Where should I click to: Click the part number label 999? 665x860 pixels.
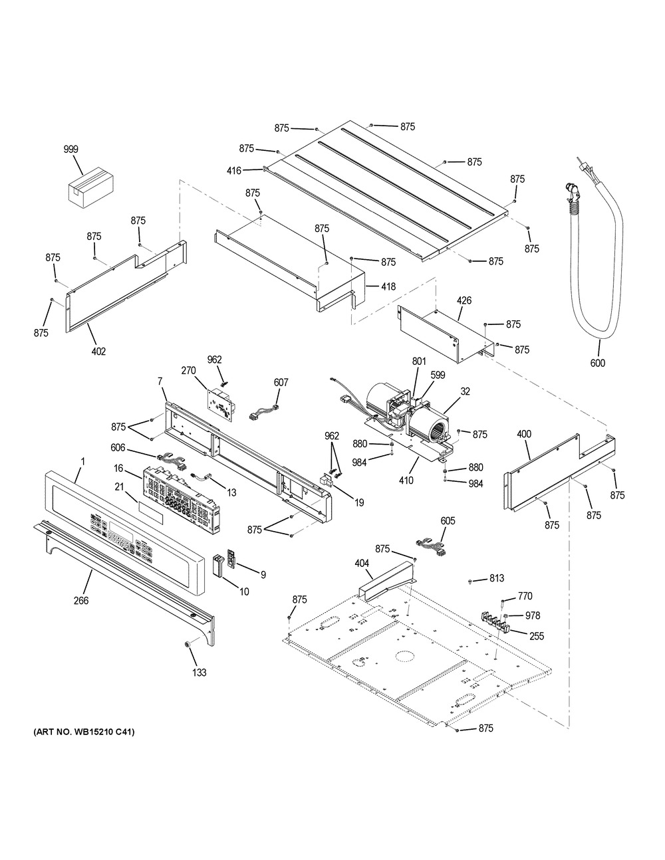[71, 149]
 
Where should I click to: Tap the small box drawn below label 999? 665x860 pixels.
[92, 186]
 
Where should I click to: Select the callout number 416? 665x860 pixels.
[234, 171]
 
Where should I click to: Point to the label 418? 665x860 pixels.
[388, 286]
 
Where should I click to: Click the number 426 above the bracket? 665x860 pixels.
[464, 300]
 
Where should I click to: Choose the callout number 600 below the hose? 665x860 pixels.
[598, 362]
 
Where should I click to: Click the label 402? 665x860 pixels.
[98, 351]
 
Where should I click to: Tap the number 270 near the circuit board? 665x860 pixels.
[188, 371]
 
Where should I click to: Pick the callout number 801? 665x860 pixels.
[419, 361]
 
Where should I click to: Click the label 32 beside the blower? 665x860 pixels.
[465, 391]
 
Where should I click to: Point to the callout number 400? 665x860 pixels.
[524, 434]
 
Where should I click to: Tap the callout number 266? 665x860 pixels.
[81, 600]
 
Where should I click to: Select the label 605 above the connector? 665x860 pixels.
[448, 521]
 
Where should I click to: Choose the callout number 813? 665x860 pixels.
[497, 578]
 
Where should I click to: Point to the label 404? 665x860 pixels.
[362, 563]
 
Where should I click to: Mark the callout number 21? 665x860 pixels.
[119, 487]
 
